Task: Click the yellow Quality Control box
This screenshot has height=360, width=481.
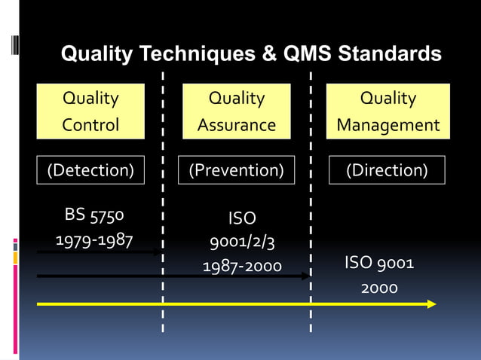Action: tap(90, 111)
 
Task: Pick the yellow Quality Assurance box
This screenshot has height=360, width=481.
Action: tap(237, 111)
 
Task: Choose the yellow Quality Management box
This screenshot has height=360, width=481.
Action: tap(388, 111)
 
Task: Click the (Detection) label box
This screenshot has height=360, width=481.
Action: tap(90, 170)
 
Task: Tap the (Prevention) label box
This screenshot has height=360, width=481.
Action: tap(236, 170)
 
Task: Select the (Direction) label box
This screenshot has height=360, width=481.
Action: tap(387, 170)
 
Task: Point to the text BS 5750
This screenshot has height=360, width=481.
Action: tap(94, 215)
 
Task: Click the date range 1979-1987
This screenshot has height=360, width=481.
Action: tap(94, 239)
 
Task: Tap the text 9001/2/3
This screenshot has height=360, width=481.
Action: tap(241, 242)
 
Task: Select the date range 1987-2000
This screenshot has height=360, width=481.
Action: tap(241, 266)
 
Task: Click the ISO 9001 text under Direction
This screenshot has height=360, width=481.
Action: tap(378, 263)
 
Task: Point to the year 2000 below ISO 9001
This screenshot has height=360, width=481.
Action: tap(378, 288)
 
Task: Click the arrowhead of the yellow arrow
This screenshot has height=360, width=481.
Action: tap(431, 304)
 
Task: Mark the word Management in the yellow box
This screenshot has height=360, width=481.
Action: tap(388, 125)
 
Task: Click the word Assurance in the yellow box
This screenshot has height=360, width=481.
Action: tap(237, 125)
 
